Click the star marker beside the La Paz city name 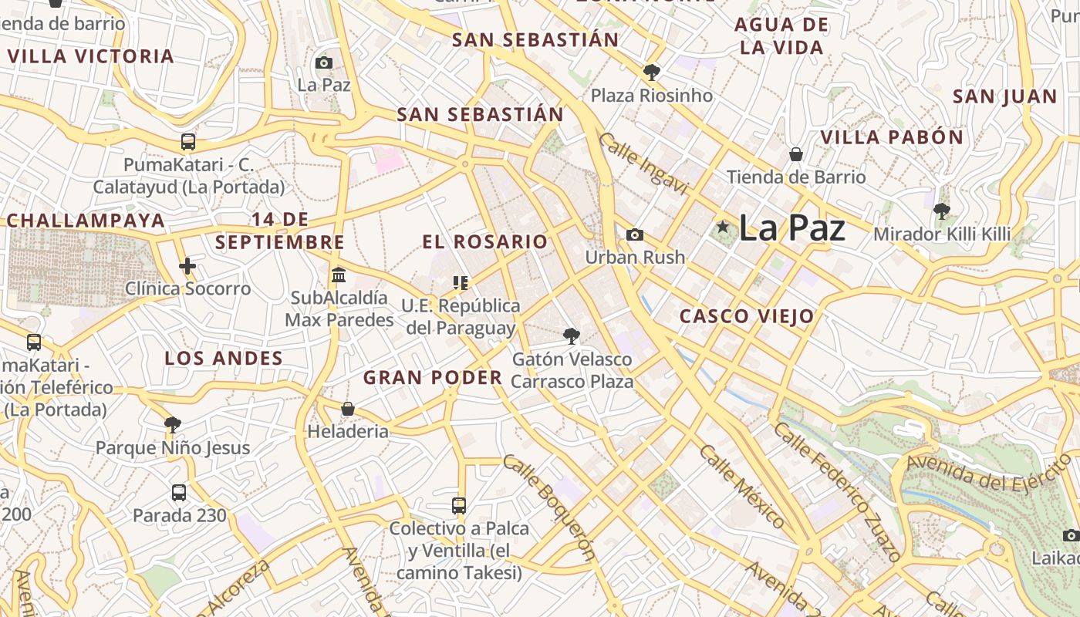pyautogui.click(x=723, y=227)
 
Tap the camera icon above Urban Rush pyautogui.click(x=635, y=234)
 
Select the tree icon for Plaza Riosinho pyautogui.click(x=652, y=72)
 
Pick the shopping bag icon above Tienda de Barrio pyautogui.click(x=796, y=155)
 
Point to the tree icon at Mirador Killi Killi pyautogui.click(x=941, y=211)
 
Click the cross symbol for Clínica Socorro pyautogui.click(x=187, y=266)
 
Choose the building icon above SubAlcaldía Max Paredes pyautogui.click(x=338, y=275)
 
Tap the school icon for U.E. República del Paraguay pyautogui.click(x=461, y=283)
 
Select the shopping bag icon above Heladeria pyautogui.click(x=348, y=408)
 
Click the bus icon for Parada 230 pyautogui.click(x=179, y=492)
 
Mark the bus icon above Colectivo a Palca pyautogui.click(x=459, y=506)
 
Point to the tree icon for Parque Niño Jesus pyautogui.click(x=173, y=424)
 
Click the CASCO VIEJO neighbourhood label pyautogui.click(x=747, y=316)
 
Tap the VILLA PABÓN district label pyautogui.click(x=892, y=138)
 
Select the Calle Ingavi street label pyautogui.click(x=643, y=164)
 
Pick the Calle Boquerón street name pyautogui.click(x=549, y=507)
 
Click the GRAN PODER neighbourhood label pyautogui.click(x=433, y=378)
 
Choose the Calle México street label pyautogui.click(x=741, y=486)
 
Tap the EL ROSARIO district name pyautogui.click(x=484, y=241)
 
